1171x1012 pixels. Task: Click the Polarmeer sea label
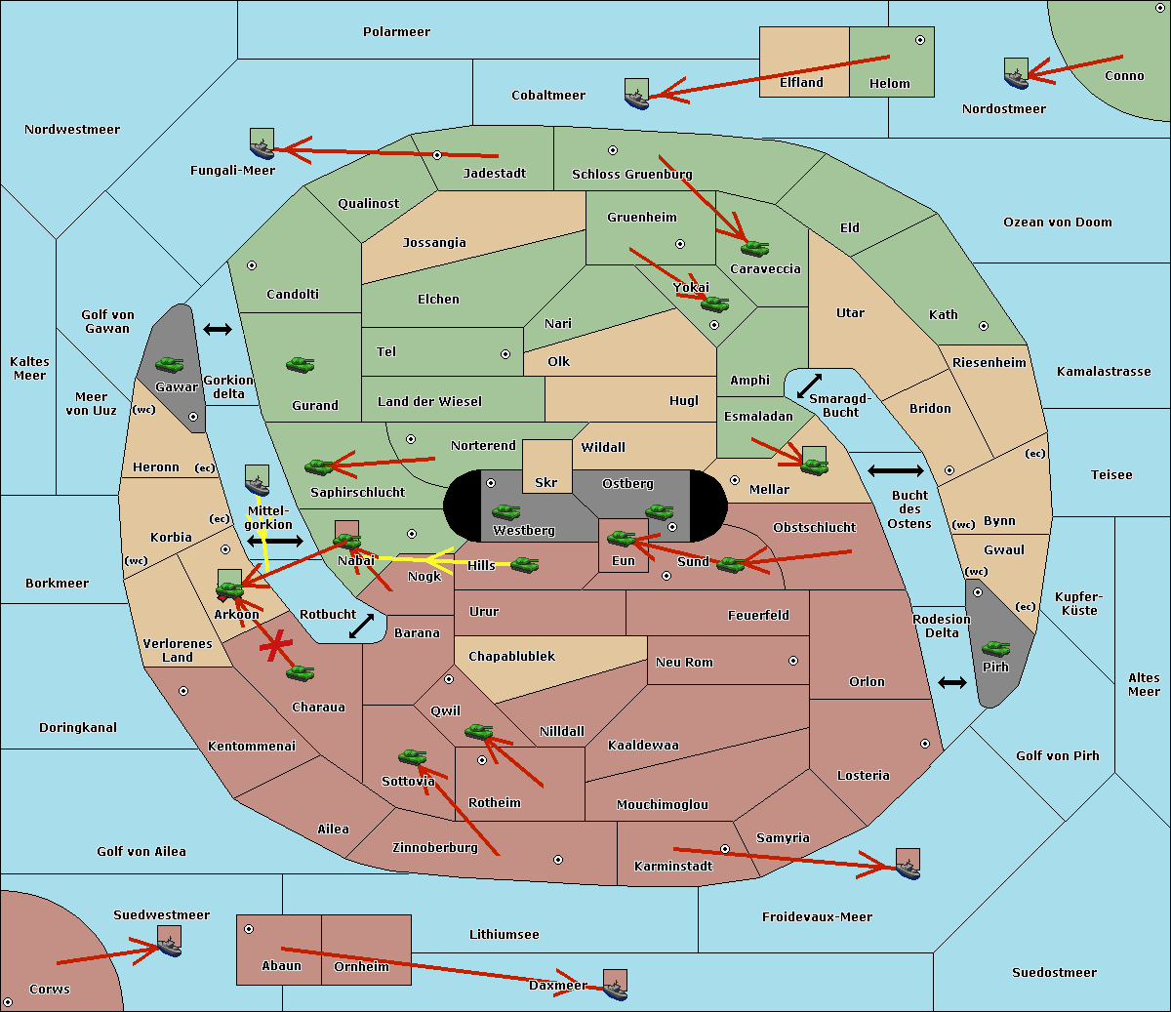(x=396, y=32)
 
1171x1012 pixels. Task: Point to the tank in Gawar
(x=170, y=364)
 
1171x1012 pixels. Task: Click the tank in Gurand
(x=300, y=364)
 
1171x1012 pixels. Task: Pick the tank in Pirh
(x=995, y=648)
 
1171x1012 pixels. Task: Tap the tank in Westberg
(x=505, y=511)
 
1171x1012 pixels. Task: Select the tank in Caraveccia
(x=754, y=248)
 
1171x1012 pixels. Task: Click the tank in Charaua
(x=300, y=673)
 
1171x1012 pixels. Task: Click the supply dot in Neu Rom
(x=793, y=661)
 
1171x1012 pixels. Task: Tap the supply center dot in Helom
(x=920, y=40)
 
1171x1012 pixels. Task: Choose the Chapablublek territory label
(x=511, y=656)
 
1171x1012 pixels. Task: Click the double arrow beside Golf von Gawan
(x=218, y=329)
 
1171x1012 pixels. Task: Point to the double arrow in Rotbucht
(x=361, y=626)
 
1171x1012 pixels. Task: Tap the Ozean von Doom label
(x=1057, y=223)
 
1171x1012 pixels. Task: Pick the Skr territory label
(x=546, y=482)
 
